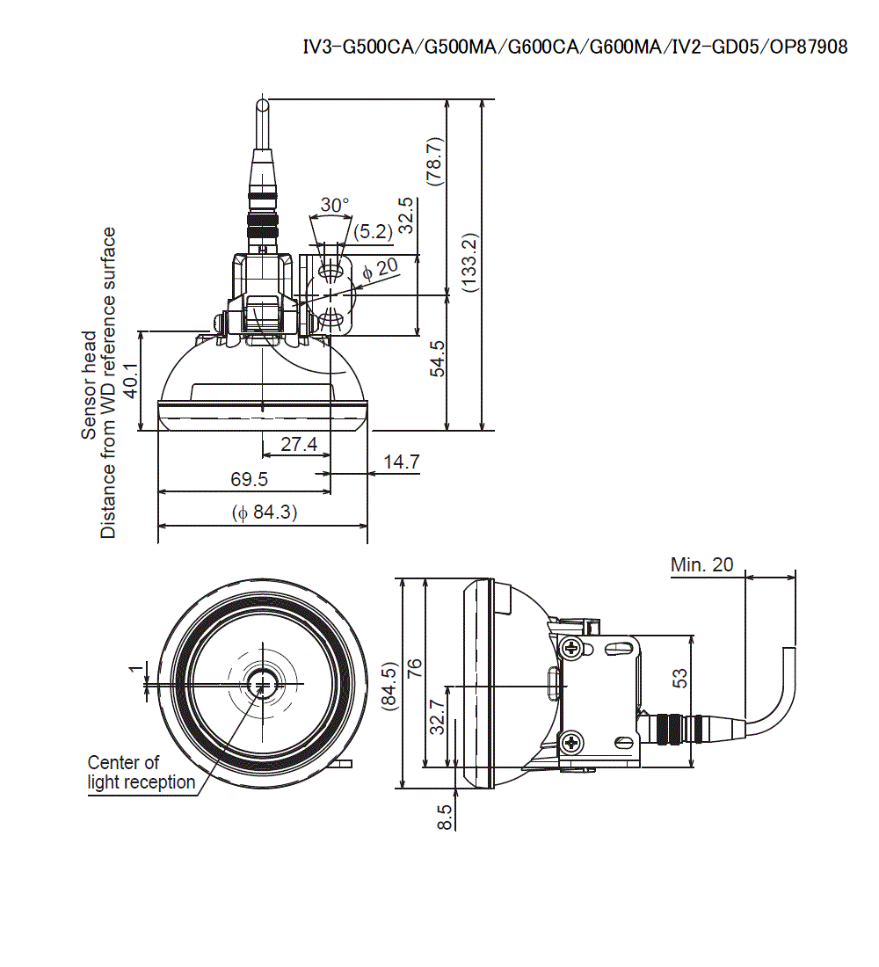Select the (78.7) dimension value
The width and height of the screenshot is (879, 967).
tap(433, 162)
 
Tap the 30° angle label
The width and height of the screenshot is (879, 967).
tap(334, 204)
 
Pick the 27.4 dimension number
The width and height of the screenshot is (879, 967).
tap(299, 445)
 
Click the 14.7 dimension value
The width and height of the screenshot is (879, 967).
tap(401, 461)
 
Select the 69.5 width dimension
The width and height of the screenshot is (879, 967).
tap(249, 479)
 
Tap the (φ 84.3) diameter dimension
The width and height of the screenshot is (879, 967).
tap(265, 512)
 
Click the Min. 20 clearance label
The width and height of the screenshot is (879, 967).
tap(701, 564)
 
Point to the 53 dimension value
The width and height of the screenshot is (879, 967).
tap(679, 678)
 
